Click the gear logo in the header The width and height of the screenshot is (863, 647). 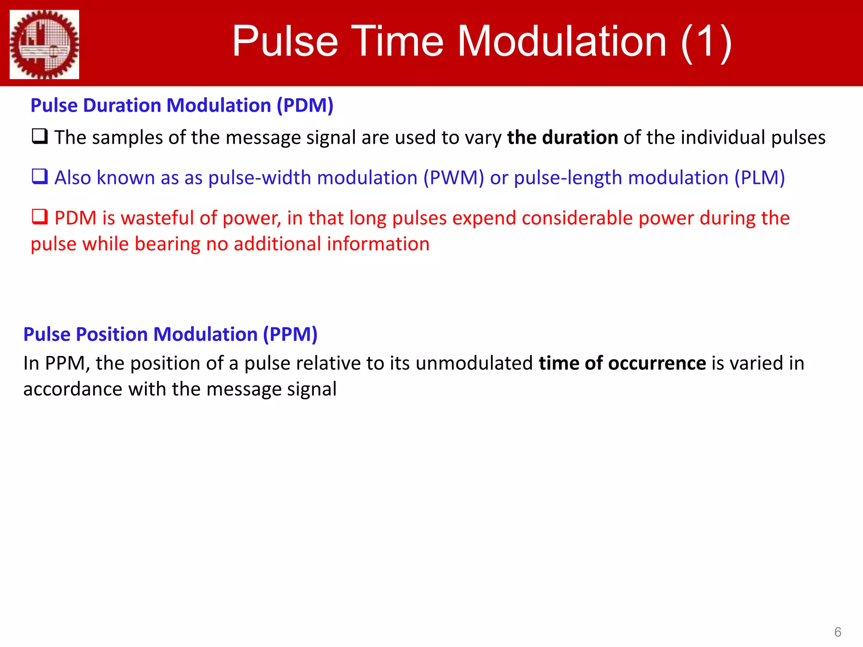[44, 44]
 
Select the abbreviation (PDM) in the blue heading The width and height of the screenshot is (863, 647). [305, 105]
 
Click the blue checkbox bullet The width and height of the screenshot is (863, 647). [40, 176]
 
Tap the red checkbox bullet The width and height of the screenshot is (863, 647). [40, 217]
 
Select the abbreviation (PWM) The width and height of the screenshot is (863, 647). [453, 178]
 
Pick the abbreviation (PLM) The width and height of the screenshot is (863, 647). [759, 178]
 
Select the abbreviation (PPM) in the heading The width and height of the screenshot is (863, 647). [290, 334]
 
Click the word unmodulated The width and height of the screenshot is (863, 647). [474, 363]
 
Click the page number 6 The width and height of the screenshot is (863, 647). [838, 632]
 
